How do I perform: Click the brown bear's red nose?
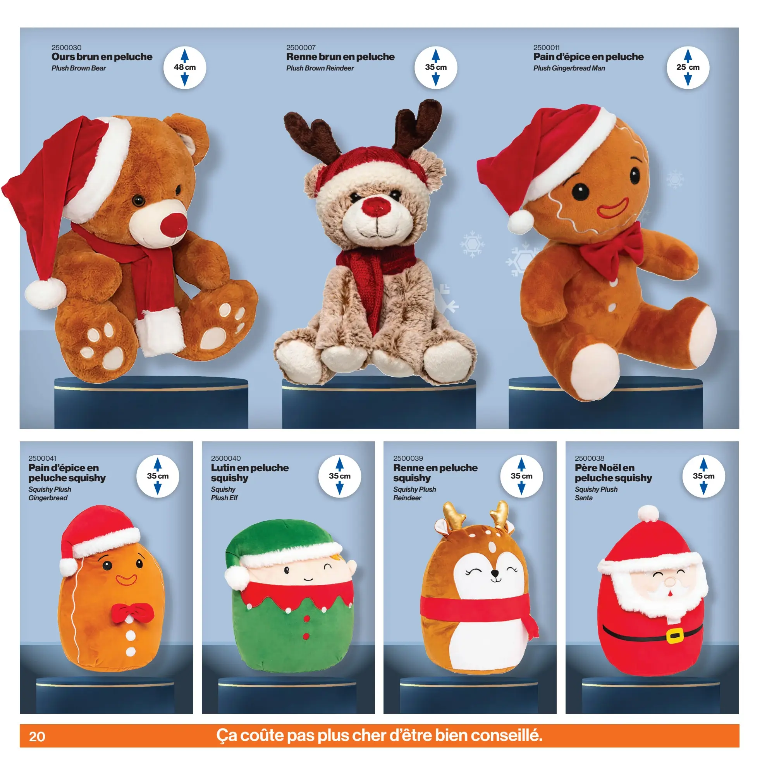[x=174, y=225]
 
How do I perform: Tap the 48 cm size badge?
[x=184, y=67]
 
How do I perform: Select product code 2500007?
[x=301, y=47]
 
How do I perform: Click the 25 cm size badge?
[x=688, y=67]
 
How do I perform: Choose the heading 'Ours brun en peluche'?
[x=102, y=57]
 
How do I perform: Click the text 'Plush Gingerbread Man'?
[x=569, y=68]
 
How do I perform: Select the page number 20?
[x=37, y=736]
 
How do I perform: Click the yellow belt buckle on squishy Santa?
[x=675, y=635]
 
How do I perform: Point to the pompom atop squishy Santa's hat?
[x=648, y=513]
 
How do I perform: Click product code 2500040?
[x=226, y=458]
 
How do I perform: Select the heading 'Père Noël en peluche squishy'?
[x=613, y=473]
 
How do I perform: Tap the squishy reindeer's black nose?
[x=495, y=574]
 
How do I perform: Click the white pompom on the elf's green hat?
[x=237, y=578]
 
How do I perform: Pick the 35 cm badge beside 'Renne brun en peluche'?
[x=435, y=67]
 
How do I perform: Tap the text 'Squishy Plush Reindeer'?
[x=414, y=493]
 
